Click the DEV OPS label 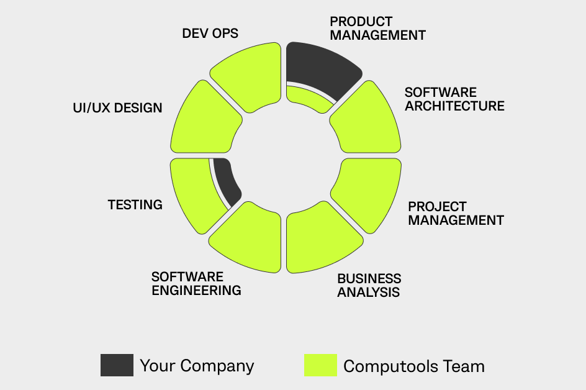coord(210,34)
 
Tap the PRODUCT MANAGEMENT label coord(377,29)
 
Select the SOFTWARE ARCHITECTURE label coord(454,99)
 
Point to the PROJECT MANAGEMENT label coord(456,213)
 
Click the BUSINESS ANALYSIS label coord(369,285)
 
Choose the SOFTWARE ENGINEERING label coord(196,283)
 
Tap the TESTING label coord(135,204)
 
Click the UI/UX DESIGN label coord(117,108)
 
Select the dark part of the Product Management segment coord(320,67)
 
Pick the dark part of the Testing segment coord(227,181)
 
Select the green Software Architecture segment coord(366,119)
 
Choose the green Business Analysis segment coord(320,239)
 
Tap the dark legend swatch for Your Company coord(117,365)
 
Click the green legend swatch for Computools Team coord(320,365)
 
